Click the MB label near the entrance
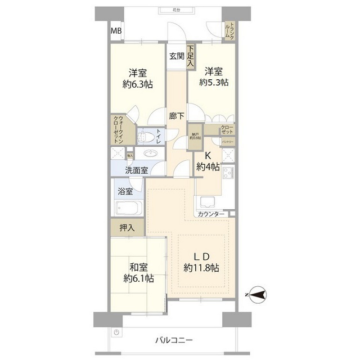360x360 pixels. pyautogui.click(x=115, y=31)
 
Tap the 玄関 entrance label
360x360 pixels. pyautogui.click(x=176, y=56)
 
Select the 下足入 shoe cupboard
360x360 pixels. pyautogui.click(x=191, y=57)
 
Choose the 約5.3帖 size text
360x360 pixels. pyautogui.click(x=213, y=82)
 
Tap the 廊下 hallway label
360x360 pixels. pyautogui.click(x=177, y=116)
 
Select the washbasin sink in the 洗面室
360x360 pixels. pyautogui.click(x=150, y=152)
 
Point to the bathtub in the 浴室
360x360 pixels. pyautogui.click(x=129, y=208)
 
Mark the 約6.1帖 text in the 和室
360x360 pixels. pyautogui.click(x=139, y=278)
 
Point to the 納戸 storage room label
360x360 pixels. pyautogui.click(x=195, y=137)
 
